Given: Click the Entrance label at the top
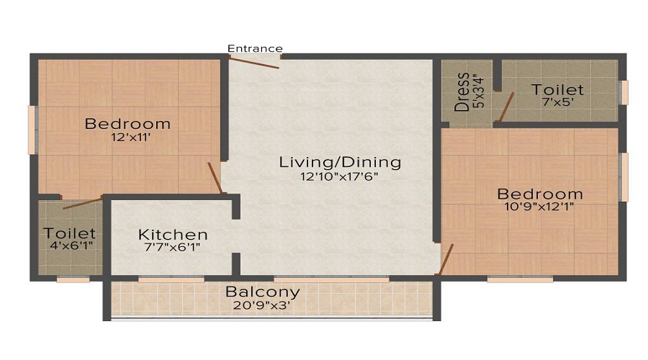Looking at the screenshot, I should (255, 48).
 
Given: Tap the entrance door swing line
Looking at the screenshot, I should (254, 63).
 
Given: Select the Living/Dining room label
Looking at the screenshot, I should (340, 162).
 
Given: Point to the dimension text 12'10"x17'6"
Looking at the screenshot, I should (340, 177).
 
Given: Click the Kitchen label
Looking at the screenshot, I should (173, 235).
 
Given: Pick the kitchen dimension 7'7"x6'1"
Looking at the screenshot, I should (173, 248).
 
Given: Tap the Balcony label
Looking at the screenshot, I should (262, 292).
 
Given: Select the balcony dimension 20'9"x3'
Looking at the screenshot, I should (262, 306).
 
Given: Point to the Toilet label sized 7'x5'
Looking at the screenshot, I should (557, 90).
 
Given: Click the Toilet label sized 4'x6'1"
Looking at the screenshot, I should (69, 233).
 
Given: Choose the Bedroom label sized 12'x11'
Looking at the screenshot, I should (127, 124).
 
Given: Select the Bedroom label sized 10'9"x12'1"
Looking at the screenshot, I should (539, 194).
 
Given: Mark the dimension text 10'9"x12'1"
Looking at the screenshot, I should (539, 207).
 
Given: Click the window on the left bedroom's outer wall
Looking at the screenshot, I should (32, 130).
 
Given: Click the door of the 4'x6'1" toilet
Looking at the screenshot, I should (82, 203).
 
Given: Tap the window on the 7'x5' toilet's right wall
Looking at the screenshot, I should (624, 92).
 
